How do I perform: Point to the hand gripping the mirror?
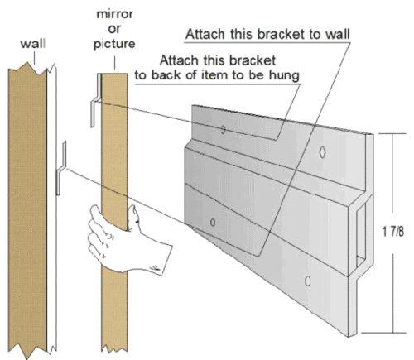point(124,240)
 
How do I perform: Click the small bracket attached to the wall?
point(60,170)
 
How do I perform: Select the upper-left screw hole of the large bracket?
point(223,129)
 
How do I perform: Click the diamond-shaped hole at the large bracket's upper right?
point(321,152)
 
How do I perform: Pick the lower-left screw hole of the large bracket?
point(214,222)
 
